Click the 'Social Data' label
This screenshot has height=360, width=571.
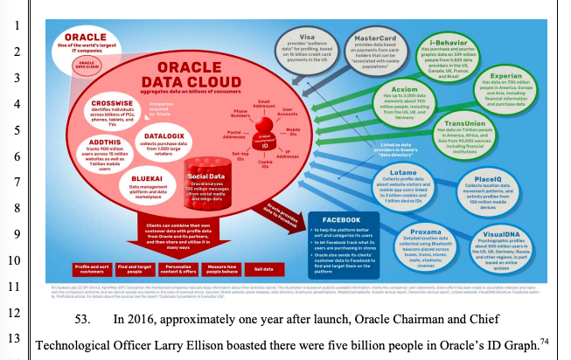pos(204,176)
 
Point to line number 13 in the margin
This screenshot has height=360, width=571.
pos(15,343)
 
